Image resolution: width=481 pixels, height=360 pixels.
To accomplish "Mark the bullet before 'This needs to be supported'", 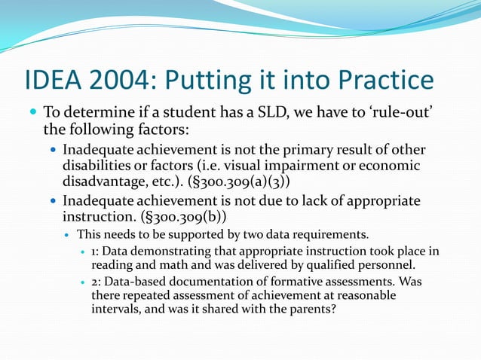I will tap(67, 234).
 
